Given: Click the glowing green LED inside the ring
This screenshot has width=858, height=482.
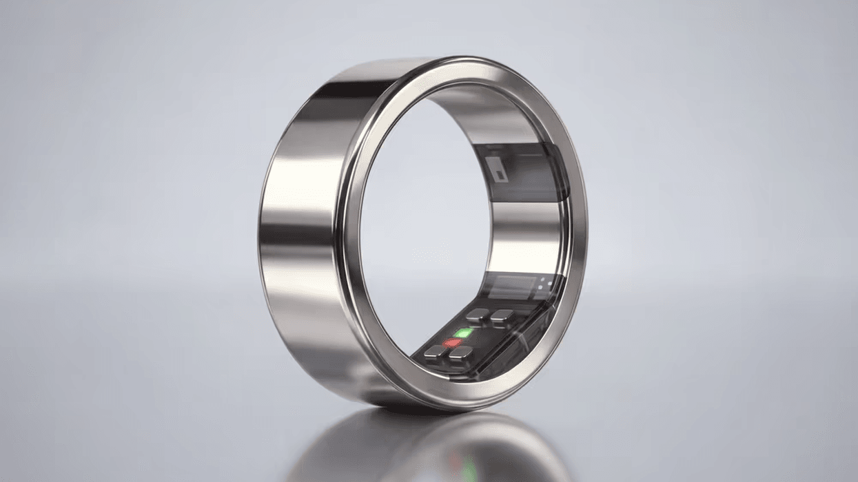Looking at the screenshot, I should point(464,333).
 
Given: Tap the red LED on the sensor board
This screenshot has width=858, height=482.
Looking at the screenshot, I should point(452,342).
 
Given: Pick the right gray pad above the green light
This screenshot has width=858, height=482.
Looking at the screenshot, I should point(502,315).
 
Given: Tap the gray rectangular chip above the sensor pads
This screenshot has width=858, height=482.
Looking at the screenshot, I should point(511,286).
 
